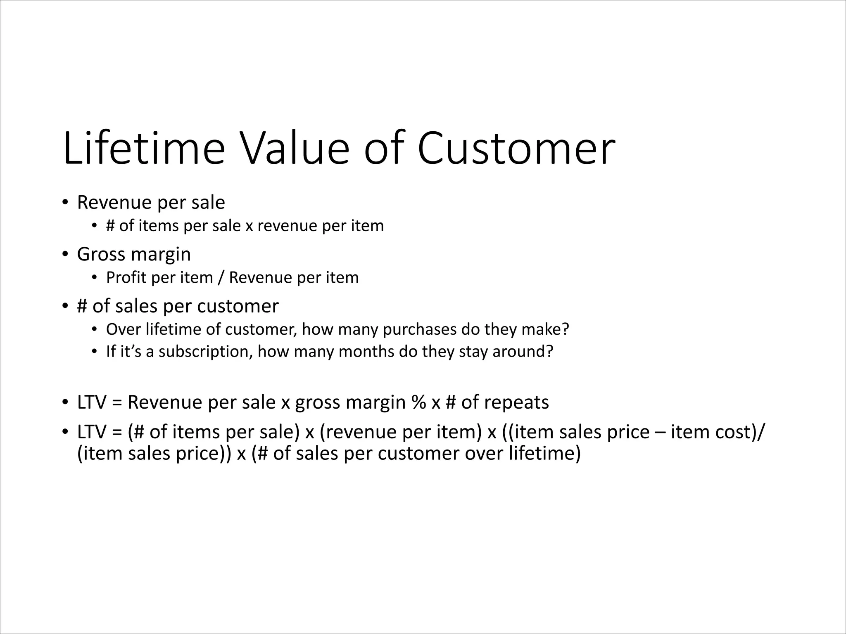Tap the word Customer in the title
(x=516, y=148)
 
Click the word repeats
(x=516, y=402)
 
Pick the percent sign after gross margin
(x=418, y=402)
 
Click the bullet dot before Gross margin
(x=65, y=254)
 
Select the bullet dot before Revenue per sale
(x=65, y=203)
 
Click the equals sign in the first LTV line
(x=117, y=402)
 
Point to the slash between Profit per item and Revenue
(x=221, y=277)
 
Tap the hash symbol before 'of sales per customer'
(x=82, y=306)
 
